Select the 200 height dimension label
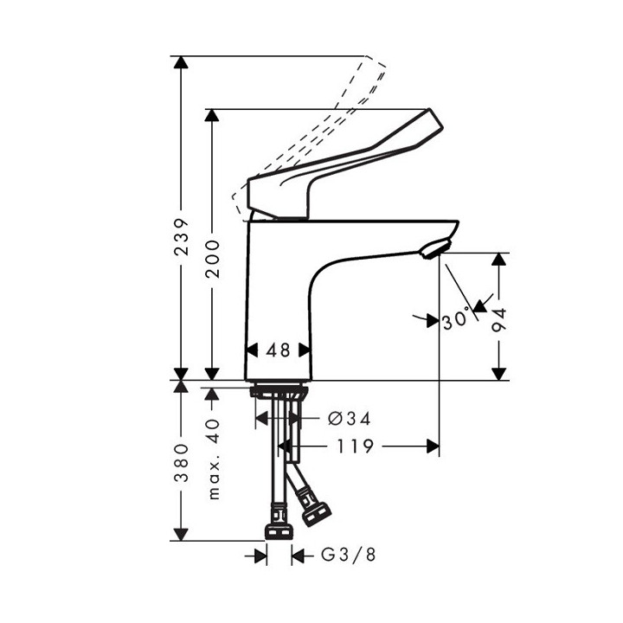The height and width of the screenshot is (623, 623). click(213, 258)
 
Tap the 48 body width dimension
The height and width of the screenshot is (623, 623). click(279, 350)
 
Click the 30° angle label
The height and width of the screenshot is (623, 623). click(456, 320)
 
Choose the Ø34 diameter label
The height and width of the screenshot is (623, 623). click(350, 419)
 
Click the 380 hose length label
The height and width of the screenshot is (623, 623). click(180, 465)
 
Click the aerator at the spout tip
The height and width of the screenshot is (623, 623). click(432, 251)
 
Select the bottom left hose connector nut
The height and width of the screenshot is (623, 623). click(278, 530)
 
